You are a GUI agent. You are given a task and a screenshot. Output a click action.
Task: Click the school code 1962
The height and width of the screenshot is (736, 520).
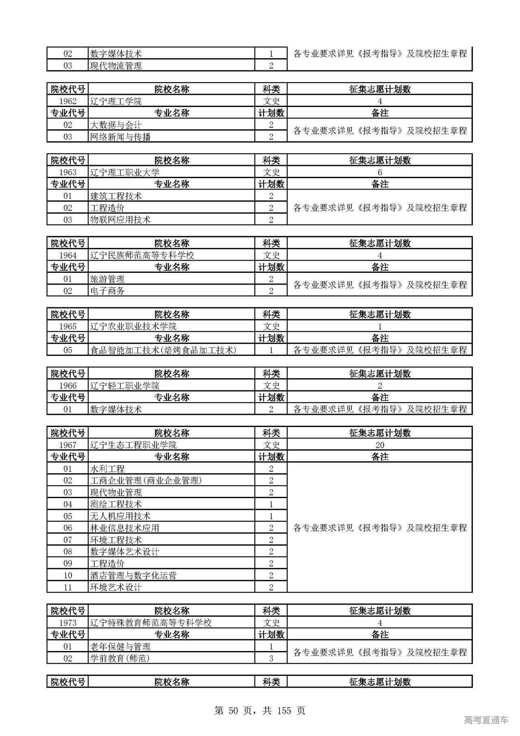click(x=67, y=101)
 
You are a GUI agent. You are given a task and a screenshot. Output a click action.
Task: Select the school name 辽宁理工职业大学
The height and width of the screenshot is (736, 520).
click(x=125, y=172)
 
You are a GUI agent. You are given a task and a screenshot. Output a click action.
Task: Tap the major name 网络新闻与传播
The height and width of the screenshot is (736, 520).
click(x=120, y=137)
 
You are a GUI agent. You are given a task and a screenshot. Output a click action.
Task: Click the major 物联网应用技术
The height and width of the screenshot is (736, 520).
click(x=120, y=220)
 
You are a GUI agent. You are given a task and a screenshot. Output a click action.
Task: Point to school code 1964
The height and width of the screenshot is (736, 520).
click(x=67, y=255)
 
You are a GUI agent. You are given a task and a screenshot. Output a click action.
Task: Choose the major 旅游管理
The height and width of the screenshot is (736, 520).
click(x=107, y=279)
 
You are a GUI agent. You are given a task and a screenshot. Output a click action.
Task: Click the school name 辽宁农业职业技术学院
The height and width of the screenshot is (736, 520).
click(x=133, y=327)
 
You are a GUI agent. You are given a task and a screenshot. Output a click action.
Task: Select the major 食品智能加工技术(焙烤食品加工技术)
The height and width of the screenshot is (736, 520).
click(x=163, y=350)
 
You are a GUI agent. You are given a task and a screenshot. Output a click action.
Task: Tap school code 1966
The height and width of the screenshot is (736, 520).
click(x=67, y=386)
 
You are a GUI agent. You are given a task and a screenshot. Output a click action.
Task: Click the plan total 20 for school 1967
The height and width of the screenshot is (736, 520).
click(x=380, y=445)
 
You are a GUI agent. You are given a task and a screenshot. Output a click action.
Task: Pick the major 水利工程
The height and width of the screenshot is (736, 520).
click(x=107, y=469)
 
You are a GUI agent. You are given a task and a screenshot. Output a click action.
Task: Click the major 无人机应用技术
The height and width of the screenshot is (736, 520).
click(x=120, y=516)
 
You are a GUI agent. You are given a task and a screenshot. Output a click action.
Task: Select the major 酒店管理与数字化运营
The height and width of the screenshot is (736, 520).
click(x=133, y=576)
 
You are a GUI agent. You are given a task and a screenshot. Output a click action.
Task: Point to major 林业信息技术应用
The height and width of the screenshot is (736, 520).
click(x=125, y=528)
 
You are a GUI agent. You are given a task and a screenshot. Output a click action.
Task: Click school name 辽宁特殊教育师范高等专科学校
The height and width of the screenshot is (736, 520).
click(x=151, y=623)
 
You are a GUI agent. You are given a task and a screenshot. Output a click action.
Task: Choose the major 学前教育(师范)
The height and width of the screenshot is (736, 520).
click(x=120, y=658)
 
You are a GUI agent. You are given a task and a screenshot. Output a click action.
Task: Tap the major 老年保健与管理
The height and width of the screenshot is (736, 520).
click(x=120, y=647)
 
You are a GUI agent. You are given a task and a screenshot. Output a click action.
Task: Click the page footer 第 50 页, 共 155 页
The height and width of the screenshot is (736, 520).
click(x=260, y=710)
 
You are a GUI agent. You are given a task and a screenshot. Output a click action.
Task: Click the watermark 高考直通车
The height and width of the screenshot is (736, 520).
click(x=486, y=720)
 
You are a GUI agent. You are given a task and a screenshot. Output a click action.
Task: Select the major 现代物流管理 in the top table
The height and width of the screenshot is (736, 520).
click(x=116, y=66)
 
